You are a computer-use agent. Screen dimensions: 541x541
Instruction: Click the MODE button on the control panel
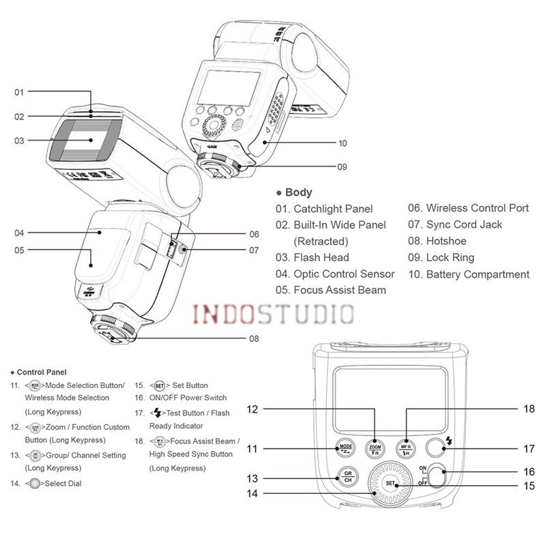345,448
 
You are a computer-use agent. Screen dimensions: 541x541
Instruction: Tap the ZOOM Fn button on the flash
374,448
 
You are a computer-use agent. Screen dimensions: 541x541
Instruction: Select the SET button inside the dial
391,484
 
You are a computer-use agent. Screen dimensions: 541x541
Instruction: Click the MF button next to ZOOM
405,448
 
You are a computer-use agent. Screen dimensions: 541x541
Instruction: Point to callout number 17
529,449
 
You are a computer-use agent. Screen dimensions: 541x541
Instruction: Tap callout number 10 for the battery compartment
342,143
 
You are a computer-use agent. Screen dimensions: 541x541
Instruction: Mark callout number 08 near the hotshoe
254,338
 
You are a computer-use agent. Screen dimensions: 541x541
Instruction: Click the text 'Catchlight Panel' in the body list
333,209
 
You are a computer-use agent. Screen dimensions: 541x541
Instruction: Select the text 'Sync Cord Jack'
464,224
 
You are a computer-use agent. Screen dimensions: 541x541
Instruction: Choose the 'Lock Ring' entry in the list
450,257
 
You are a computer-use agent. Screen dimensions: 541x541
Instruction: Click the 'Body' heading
298,192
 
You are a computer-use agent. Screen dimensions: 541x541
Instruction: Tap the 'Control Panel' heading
41,372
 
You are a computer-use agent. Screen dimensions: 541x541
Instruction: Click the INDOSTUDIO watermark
274,315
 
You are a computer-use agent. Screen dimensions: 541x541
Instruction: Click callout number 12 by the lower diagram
252,409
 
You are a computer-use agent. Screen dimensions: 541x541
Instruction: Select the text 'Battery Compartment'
478,274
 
